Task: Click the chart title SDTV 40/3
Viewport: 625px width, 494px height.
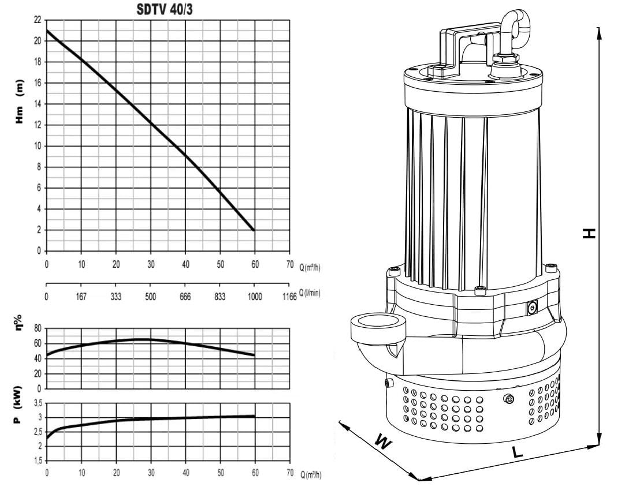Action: (164, 9)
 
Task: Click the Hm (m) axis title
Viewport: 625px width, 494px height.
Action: (19, 102)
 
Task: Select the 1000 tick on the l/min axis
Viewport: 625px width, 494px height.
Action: (255, 297)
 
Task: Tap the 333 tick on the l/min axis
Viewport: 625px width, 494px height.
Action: (116, 297)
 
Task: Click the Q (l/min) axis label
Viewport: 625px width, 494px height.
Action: (310, 293)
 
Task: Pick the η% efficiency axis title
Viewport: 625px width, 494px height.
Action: (18, 321)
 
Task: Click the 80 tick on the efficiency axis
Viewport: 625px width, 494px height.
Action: (38, 329)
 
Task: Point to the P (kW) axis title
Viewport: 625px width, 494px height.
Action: (18, 405)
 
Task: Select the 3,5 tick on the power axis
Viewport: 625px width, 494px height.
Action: (38, 403)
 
